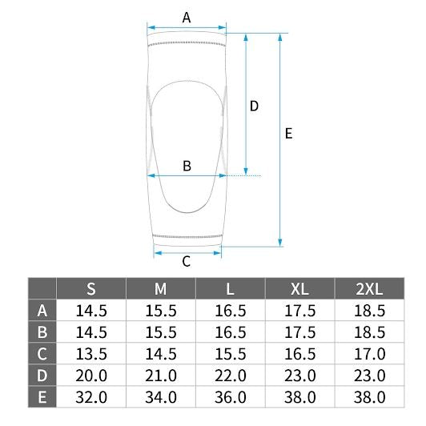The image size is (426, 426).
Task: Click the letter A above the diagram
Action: [187, 18]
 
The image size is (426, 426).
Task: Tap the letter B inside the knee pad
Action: [187, 166]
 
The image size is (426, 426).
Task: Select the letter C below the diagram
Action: [186, 262]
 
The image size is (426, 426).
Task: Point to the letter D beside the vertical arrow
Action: [254, 106]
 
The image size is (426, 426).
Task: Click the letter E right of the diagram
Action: [288, 134]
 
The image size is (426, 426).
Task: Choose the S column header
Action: [91, 289]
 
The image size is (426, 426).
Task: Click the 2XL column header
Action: [369, 289]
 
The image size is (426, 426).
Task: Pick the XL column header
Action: [300, 289]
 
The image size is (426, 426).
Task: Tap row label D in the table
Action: [42, 376]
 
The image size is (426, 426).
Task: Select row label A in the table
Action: [42, 310]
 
